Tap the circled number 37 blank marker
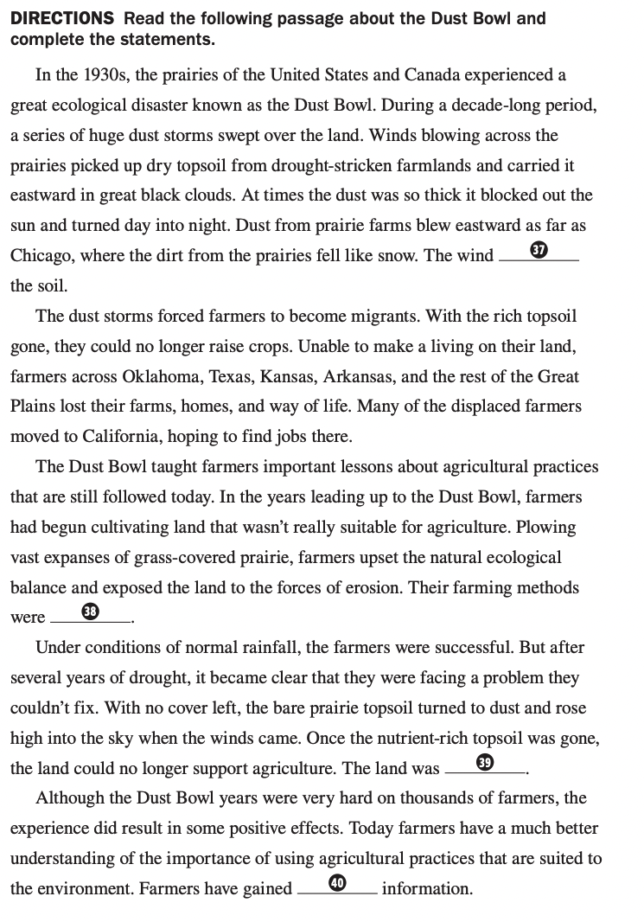539,251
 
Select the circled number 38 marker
90,612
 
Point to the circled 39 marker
485,762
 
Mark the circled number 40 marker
337,882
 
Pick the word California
123,436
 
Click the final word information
426,888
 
